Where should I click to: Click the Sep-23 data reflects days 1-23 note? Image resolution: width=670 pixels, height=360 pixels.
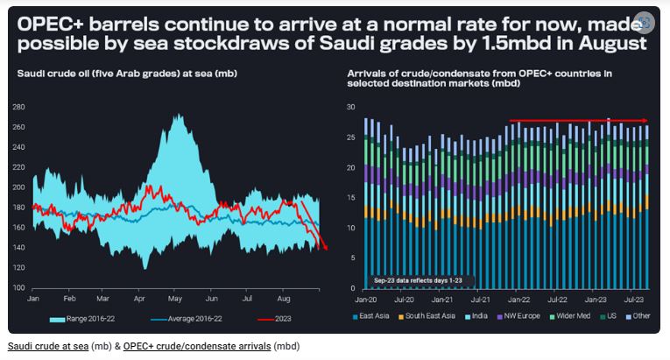click(423, 279)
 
